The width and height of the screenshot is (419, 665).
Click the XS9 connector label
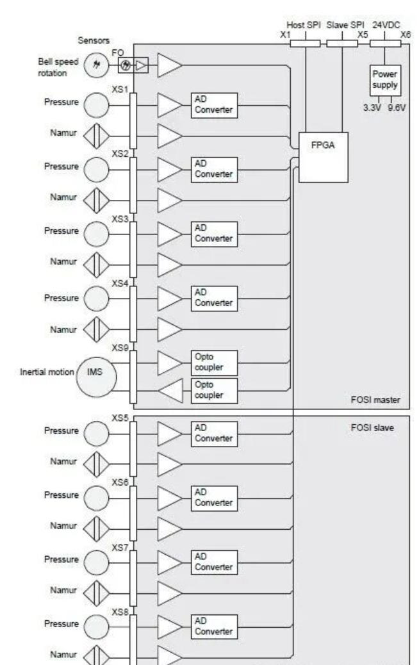coord(120,347)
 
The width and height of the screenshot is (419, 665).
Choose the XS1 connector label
coord(120,90)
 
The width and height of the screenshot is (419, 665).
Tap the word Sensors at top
coord(94,40)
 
